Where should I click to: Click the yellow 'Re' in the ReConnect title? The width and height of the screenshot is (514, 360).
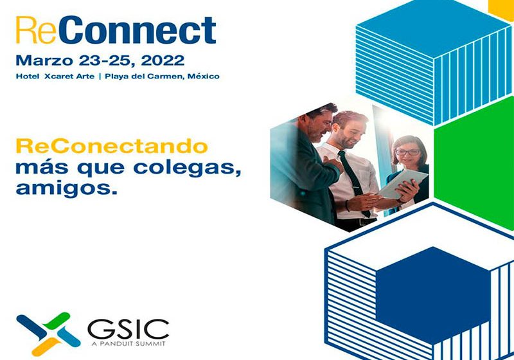click(x=32, y=30)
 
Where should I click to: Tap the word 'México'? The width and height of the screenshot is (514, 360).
click(x=203, y=76)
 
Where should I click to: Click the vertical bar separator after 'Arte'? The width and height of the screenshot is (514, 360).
click(x=109, y=76)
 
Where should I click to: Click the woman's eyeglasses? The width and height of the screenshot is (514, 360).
click(x=408, y=152)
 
